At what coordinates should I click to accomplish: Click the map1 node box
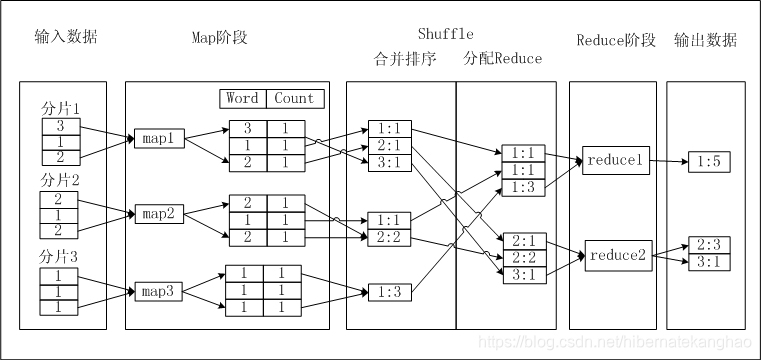[157, 139]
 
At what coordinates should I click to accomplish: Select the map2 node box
[157, 214]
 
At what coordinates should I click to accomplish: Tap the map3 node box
[157, 292]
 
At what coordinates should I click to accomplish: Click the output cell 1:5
[708, 161]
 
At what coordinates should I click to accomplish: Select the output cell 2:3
[708, 245]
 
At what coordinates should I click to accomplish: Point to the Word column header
[242, 98]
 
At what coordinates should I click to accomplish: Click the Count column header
[293, 98]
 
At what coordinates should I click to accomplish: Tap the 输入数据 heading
[66, 39]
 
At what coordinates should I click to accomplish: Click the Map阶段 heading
[219, 39]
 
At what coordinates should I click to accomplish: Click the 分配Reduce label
[503, 59]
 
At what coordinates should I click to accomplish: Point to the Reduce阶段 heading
[616, 40]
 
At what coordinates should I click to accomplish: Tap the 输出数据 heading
[705, 40]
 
